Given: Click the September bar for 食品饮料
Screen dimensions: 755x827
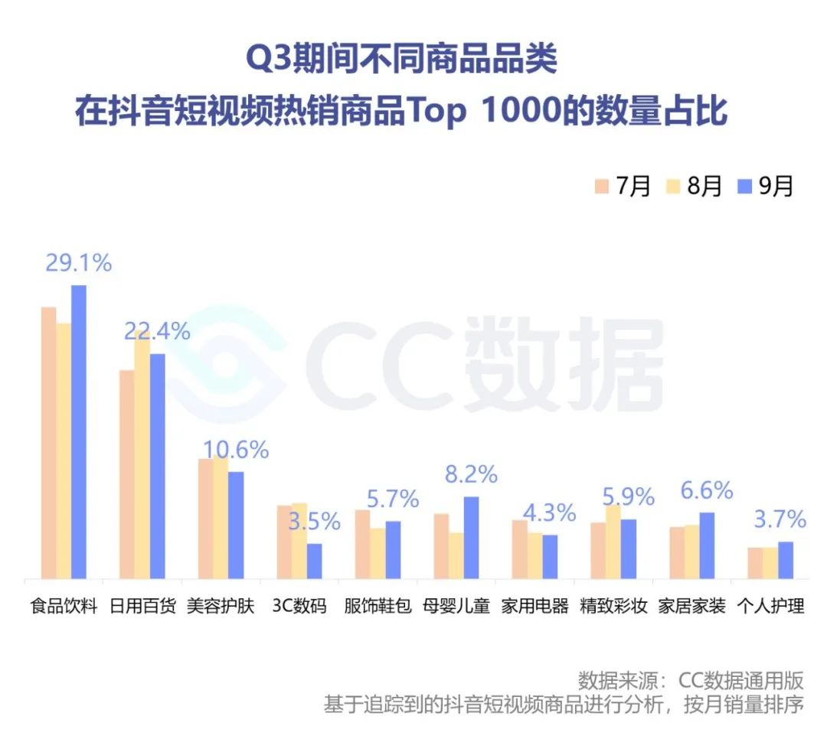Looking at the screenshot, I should (79, 432).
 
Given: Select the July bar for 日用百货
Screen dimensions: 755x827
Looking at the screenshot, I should (126, 474).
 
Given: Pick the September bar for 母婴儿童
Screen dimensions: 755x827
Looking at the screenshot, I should (471, 538).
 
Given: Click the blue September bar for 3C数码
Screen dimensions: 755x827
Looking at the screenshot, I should (314, 561).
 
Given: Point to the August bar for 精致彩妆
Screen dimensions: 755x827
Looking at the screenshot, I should (613, 542).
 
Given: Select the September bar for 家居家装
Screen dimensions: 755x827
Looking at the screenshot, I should (707, 545).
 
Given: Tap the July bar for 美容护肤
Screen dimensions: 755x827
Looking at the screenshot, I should (205, 519).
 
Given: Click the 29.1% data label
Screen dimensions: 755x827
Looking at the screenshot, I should (78, 263).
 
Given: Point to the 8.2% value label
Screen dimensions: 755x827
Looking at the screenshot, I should (471, 474).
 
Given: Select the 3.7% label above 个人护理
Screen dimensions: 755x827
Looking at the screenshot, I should (780, 520).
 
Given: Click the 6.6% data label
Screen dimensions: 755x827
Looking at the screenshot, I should (707, 490).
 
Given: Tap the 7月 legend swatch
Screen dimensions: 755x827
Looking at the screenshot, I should (601, 186).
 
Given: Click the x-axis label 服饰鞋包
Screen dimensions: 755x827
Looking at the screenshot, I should (378, 607).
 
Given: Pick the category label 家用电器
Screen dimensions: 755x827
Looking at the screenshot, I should (535, 607).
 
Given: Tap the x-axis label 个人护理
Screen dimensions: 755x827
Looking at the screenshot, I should (770, 607).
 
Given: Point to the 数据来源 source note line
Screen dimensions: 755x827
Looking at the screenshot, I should (691, 680).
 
